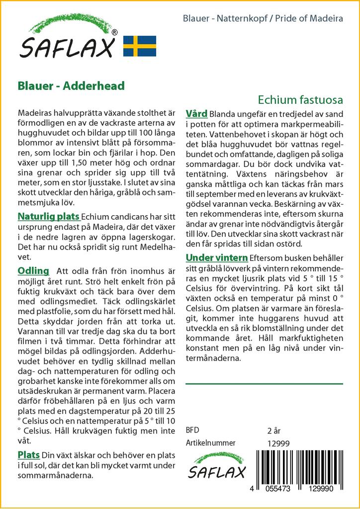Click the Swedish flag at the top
[x=139, y=46]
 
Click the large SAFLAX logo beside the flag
[x=69, y=40]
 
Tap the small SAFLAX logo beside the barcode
[x=216, y=466]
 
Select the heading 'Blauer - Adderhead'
[x=71, y=85]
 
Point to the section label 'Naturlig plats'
[x=49, y=217]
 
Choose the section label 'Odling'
[x=33, y=271]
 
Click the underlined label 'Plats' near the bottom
[x=29, y=455]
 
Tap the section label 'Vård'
[x=196, y=114]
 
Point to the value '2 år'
[x=274, y=430]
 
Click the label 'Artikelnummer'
[x=210, y=443]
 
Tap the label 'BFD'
[x=192, y=430]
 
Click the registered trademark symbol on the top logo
[x=114, y=33]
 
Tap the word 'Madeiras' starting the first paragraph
[x=35, y=113]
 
